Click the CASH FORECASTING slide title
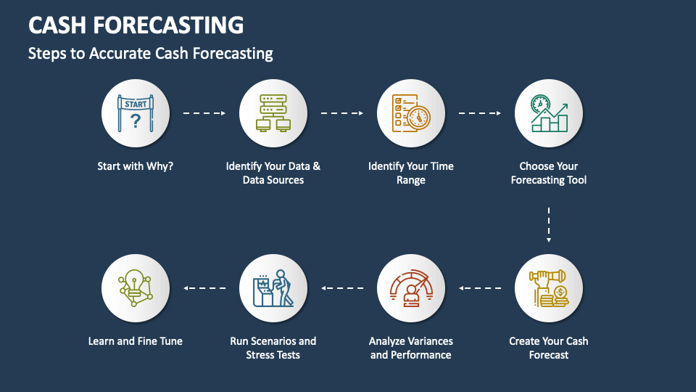(136, 25)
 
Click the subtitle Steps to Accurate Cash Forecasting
(151, 53)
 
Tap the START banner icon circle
(136, 114)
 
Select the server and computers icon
(273, 114)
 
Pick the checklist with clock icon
(410, 114)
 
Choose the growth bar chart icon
(549, 114)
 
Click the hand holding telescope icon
(549, 288)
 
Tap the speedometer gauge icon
(410, 288)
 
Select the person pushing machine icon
(273, 288)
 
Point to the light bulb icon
(136, 288)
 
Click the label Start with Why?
(136, 166)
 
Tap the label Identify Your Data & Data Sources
(273, 173)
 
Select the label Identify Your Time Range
(410, 173)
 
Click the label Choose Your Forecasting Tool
(549, 173)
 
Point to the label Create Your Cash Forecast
(549, 348)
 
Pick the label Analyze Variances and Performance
(410, 348)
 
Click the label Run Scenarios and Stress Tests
(273, 348)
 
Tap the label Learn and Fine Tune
(136, 340)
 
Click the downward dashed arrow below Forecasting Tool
(549, 224)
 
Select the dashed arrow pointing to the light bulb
(204, 288)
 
